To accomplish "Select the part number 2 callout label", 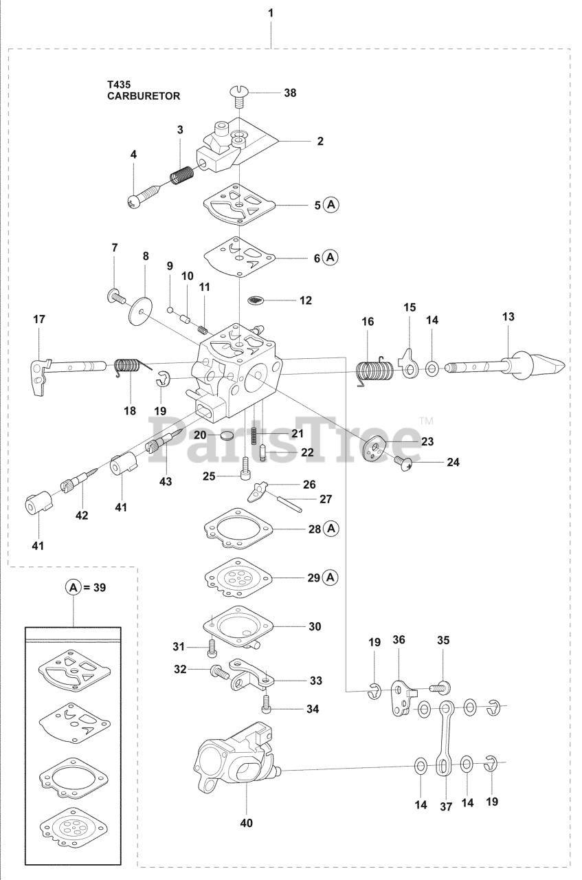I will click(320, 141).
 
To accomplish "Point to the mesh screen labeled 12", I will click(255, 300).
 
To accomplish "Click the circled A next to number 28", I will click(331, 529).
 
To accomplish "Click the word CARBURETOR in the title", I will click(144, 96).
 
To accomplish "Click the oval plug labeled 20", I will click(225, 435).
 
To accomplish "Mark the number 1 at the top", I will click(271, 12).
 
